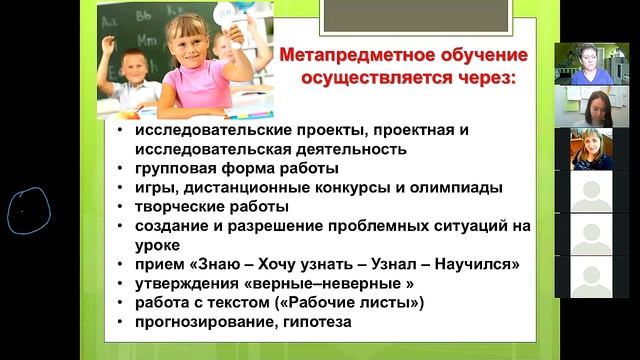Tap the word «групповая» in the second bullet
pos(178,168)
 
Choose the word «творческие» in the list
pos(183,206)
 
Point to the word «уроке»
pos(160,244)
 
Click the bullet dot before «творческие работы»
pos(119,207)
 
